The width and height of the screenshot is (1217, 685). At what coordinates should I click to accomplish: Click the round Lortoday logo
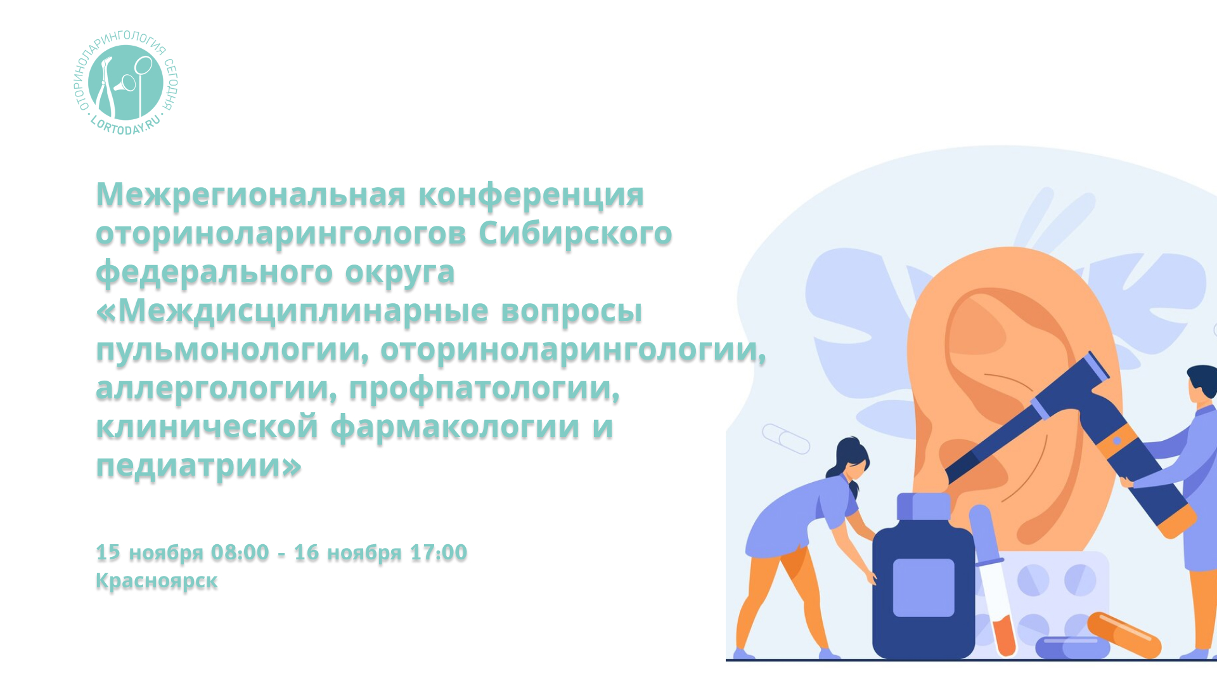tap(126, 83)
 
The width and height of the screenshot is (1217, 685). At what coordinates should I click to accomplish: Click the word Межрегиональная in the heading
tap(250, 194)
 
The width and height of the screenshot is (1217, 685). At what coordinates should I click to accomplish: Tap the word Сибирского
tap(575, 233)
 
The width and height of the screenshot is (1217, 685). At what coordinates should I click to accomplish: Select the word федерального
tap(214, 273)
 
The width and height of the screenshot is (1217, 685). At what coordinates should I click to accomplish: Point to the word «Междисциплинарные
tap(292, 311)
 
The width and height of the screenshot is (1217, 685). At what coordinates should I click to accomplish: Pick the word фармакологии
tap(455, 427)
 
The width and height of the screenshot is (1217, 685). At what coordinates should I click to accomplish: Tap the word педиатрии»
tap(198, 466)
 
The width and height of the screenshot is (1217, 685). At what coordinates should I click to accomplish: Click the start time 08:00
tap(240, 552)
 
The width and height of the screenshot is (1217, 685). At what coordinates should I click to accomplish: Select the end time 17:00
tap(438, 552)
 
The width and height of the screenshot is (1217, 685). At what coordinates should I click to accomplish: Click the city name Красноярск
tap(157, 581)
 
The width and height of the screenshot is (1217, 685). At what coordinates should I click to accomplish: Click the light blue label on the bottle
tap(924, 587)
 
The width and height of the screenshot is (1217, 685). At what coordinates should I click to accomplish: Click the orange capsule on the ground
tap(1124, 634)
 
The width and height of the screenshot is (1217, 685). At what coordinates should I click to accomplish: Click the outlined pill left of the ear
tap(786, 438)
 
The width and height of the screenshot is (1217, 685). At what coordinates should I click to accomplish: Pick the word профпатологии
tap(484, 389)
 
